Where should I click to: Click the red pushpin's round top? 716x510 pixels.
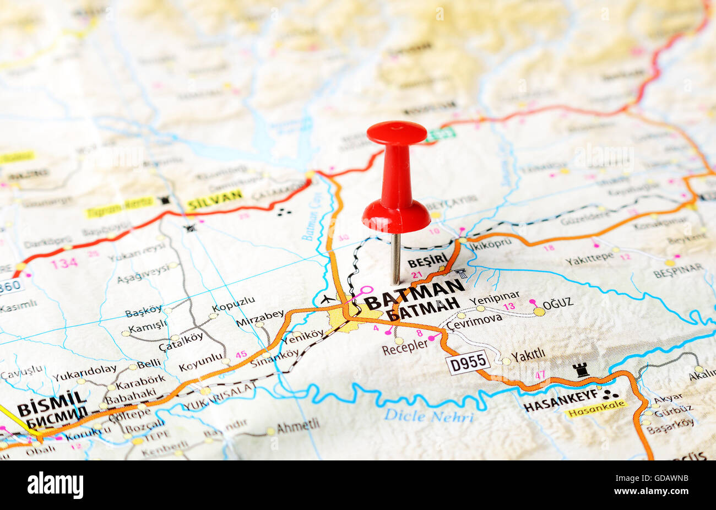pyautogui.click(x=397, y=133)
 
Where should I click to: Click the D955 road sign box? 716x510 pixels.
pyautogui.click(x=468, y=362)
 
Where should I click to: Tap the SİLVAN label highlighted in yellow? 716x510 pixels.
pyautogui.click(x=214, y=199)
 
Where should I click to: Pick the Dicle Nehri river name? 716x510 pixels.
pyautogui.click(x=428, y=416)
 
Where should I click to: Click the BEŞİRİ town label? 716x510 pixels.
pyautogui.click(x=427, y=261)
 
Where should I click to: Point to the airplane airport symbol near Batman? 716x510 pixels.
pyautogui.click(x=327, y=300)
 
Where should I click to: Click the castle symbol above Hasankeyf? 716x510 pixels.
pyautogui.click(x=581, y=370)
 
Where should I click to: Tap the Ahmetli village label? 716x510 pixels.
pyautogui.click(x=297, y=426)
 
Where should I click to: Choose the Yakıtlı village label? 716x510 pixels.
pyautogui.click(x=528, y=356)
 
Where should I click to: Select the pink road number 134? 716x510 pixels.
pyautogui.click(x=64, y=263)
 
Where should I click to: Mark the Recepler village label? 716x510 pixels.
pyautogui.click(x=404, y=345)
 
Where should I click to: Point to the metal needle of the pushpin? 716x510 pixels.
pyautogui.click(x=395, y=258)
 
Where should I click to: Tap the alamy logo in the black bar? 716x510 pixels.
pyautogui.click(x=55, y=485)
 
